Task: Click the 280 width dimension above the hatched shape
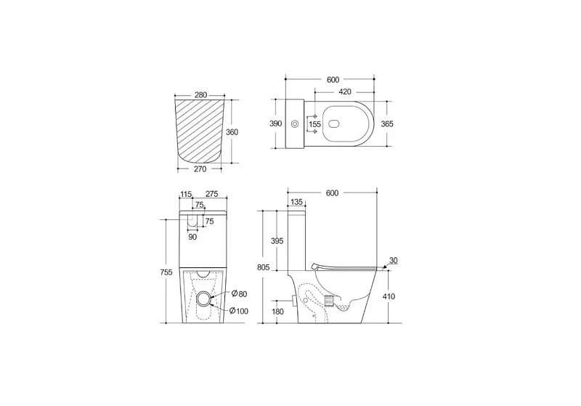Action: coord(200,95)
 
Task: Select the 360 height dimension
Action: coord(232,132)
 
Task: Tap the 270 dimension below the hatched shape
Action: coord(200,169)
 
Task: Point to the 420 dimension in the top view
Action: coord(344,92)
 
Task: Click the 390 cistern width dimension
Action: coord(276,123)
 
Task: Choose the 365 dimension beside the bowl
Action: coord(387,123)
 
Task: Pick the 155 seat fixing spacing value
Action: coord(315,124)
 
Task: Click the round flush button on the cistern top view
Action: coord(296,123)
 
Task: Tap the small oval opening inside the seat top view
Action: coord(336,123)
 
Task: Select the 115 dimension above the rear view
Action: coord(186,194)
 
